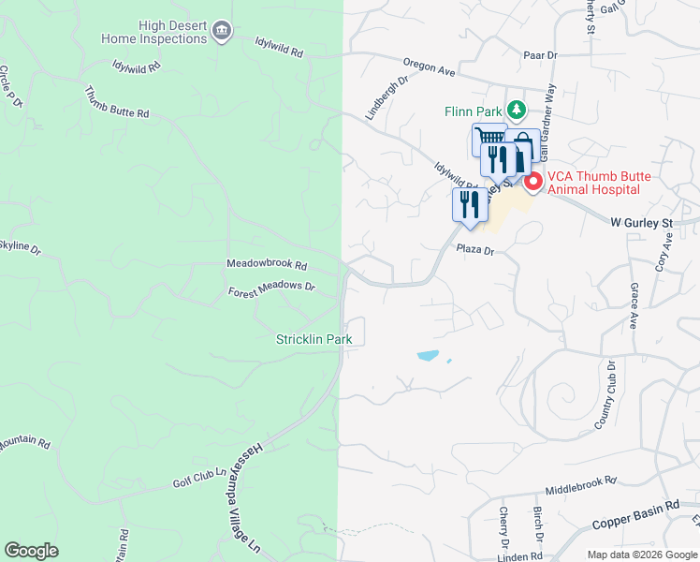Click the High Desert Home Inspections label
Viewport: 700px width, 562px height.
153,32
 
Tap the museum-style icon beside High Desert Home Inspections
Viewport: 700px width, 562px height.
222,33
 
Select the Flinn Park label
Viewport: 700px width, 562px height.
473,111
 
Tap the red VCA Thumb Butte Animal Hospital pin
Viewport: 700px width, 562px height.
532,181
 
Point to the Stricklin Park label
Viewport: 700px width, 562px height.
314,338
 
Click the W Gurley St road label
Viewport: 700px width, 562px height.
642,224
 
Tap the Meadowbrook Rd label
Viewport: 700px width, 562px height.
267,265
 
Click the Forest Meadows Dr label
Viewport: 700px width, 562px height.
271,291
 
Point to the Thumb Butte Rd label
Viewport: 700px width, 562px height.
116,102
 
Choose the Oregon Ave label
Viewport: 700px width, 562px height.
429,67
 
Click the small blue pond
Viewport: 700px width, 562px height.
428,356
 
